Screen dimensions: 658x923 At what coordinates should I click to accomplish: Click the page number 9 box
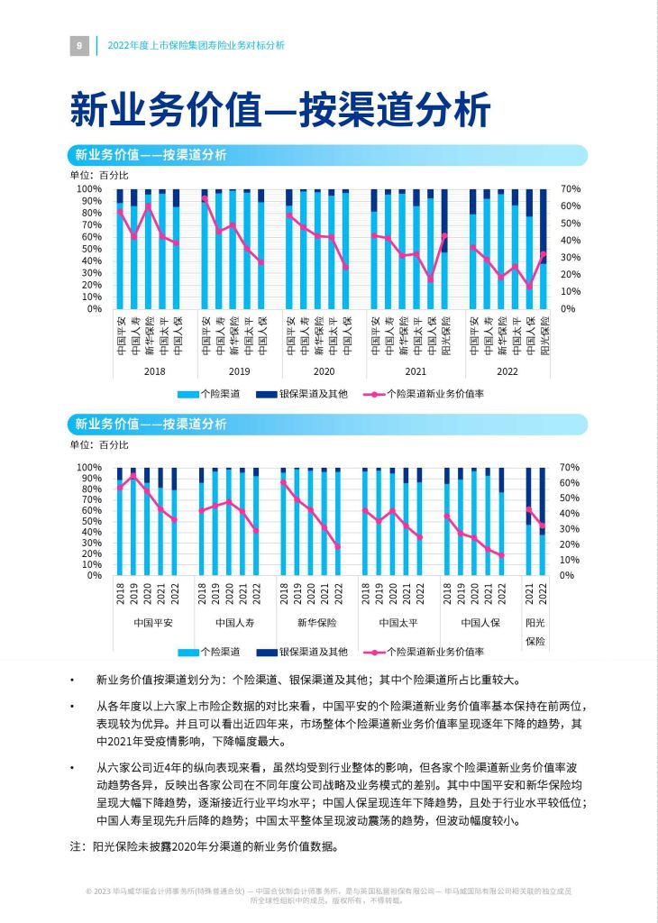pos(79,45)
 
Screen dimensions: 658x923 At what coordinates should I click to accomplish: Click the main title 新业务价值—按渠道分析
pos(280,109)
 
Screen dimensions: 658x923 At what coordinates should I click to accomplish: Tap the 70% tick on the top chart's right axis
pos(571,189)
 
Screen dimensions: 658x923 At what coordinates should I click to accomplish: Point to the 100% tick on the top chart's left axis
pos(89,189)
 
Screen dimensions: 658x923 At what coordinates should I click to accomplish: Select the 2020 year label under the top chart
pos(324,371)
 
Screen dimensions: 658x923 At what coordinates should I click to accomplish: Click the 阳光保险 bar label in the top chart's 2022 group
pos(544,335)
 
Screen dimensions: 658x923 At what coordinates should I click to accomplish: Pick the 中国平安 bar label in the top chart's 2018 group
pos(121,335)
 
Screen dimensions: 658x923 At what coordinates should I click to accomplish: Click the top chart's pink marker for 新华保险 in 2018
pos(149,206)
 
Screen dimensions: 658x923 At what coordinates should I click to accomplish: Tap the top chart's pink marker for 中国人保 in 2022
pos(530,287)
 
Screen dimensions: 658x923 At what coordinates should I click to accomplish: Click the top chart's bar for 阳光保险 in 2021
pos(444,249)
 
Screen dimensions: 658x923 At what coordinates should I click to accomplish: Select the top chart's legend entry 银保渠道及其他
pos(302,394)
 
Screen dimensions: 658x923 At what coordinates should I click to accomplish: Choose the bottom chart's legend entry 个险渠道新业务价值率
pos(424,652)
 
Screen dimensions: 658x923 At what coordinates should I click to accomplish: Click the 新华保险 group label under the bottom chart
pos(316,623)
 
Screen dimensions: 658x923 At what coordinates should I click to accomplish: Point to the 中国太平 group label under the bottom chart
pos(398,623)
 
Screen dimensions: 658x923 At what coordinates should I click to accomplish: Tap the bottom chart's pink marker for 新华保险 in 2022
pos(338,547)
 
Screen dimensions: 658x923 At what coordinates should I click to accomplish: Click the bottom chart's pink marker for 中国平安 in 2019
pos(133,475)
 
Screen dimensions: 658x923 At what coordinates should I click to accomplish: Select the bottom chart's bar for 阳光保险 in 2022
pos(543,522)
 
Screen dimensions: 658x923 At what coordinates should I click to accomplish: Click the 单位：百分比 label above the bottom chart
pos(99,445)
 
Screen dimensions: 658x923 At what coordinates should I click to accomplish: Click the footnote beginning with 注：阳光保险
pos(205,846)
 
